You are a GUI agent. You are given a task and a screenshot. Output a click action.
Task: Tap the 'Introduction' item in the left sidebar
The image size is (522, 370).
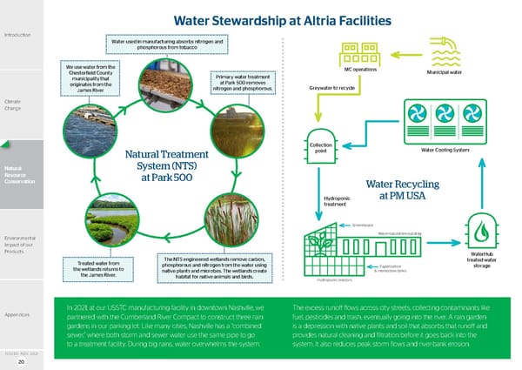click(17, 35)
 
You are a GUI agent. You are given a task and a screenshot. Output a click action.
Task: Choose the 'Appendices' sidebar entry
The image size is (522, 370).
click(17, 314)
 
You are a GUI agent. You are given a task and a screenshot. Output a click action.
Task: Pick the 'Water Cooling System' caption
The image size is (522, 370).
click(445, 150)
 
